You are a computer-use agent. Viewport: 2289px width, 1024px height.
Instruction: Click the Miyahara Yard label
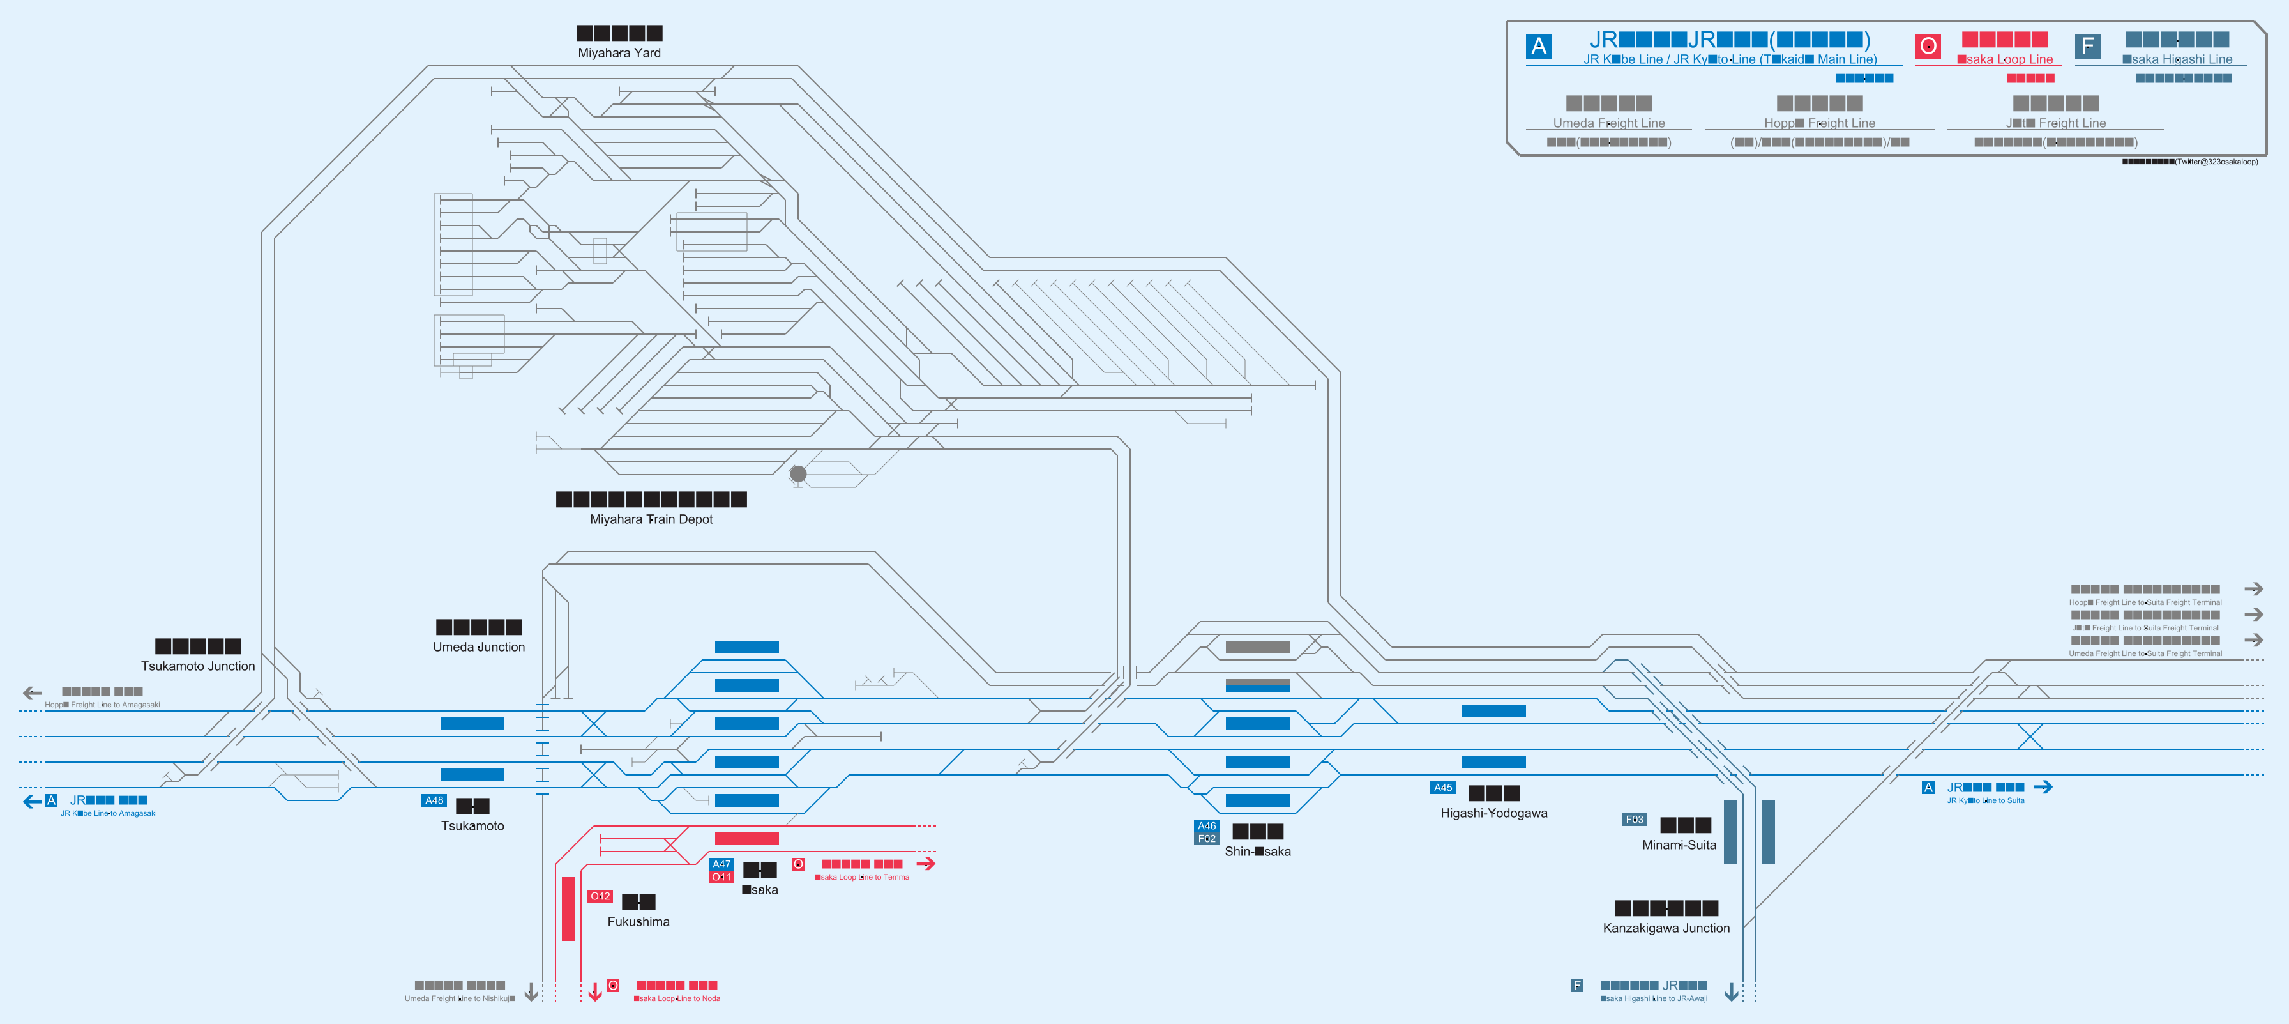point(619,52)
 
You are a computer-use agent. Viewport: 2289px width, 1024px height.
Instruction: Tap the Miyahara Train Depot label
point(651,519)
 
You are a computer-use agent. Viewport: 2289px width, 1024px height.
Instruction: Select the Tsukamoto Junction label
point(197,666)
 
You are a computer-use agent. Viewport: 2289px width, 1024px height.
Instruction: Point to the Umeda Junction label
point(479,647)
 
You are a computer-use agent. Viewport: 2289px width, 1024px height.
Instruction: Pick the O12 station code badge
point(601,896)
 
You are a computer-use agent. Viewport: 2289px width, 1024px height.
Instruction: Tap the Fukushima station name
point(638,922)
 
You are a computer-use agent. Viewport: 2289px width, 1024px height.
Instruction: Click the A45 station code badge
point(1442,788)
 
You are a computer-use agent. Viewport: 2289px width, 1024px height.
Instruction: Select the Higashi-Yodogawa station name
point(1493,813)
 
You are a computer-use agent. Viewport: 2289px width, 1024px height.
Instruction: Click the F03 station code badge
point(1634,820)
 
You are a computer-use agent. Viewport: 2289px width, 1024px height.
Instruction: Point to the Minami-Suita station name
point(1679,845)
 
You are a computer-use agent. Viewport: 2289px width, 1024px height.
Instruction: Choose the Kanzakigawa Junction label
point(1666,928)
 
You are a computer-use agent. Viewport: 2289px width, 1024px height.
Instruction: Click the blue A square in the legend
point(1539,46)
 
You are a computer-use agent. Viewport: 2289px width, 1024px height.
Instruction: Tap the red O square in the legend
point(1928,46)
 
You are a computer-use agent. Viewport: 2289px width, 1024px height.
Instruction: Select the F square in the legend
point(2087,46)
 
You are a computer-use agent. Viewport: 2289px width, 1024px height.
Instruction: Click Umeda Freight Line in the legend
point(1608,123)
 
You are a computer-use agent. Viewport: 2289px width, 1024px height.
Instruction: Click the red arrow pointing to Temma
point(926,863)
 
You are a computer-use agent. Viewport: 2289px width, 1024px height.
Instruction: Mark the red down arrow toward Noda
point(594,991)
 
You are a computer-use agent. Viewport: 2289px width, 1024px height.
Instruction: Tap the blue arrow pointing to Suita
point(2043,786)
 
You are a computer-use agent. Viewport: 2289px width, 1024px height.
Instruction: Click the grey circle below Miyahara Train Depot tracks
point(798,474)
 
